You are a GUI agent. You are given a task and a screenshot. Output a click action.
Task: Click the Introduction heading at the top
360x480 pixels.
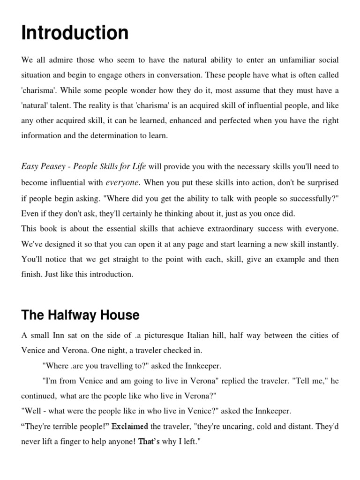(x=75, y=34)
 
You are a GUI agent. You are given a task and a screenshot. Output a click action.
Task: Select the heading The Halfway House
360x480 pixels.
(x=80, y=315)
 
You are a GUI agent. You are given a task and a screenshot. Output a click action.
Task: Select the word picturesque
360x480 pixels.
(x=181, y=335)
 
